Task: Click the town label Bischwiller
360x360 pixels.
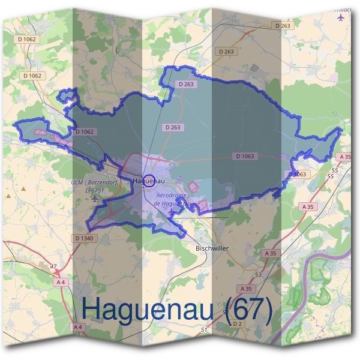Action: [212, 247]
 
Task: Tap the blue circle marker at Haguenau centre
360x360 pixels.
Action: [151, 179]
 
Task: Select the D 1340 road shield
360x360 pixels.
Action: [85, 238]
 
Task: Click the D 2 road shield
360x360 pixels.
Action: [236, 324]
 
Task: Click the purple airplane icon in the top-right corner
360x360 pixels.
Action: [342, 17]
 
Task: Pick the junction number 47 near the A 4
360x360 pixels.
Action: [53, 266]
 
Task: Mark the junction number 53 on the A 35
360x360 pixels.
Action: [258, 274]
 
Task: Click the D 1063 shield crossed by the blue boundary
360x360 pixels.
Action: [298, 174]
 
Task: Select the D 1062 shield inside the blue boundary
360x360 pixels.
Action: [85, 131]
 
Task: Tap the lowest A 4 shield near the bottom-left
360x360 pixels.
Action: [78, 327]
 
